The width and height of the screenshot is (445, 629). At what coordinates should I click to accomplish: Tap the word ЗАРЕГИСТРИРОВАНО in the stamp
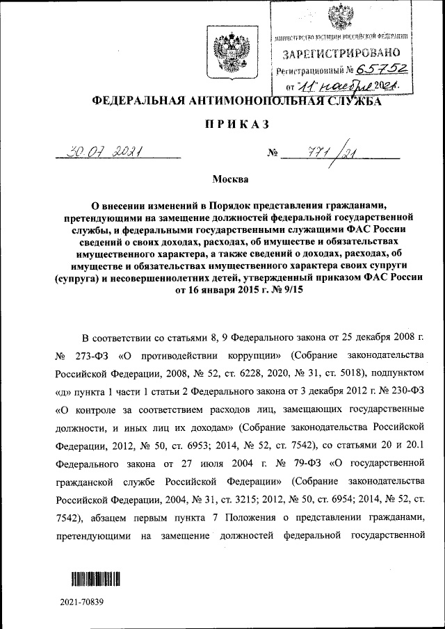coord(341,53)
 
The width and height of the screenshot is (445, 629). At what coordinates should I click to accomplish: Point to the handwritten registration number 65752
coord(382,70)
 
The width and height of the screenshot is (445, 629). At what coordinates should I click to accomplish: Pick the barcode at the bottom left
coord(95,578)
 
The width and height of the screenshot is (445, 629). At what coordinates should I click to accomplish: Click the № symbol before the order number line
coord(273,153)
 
